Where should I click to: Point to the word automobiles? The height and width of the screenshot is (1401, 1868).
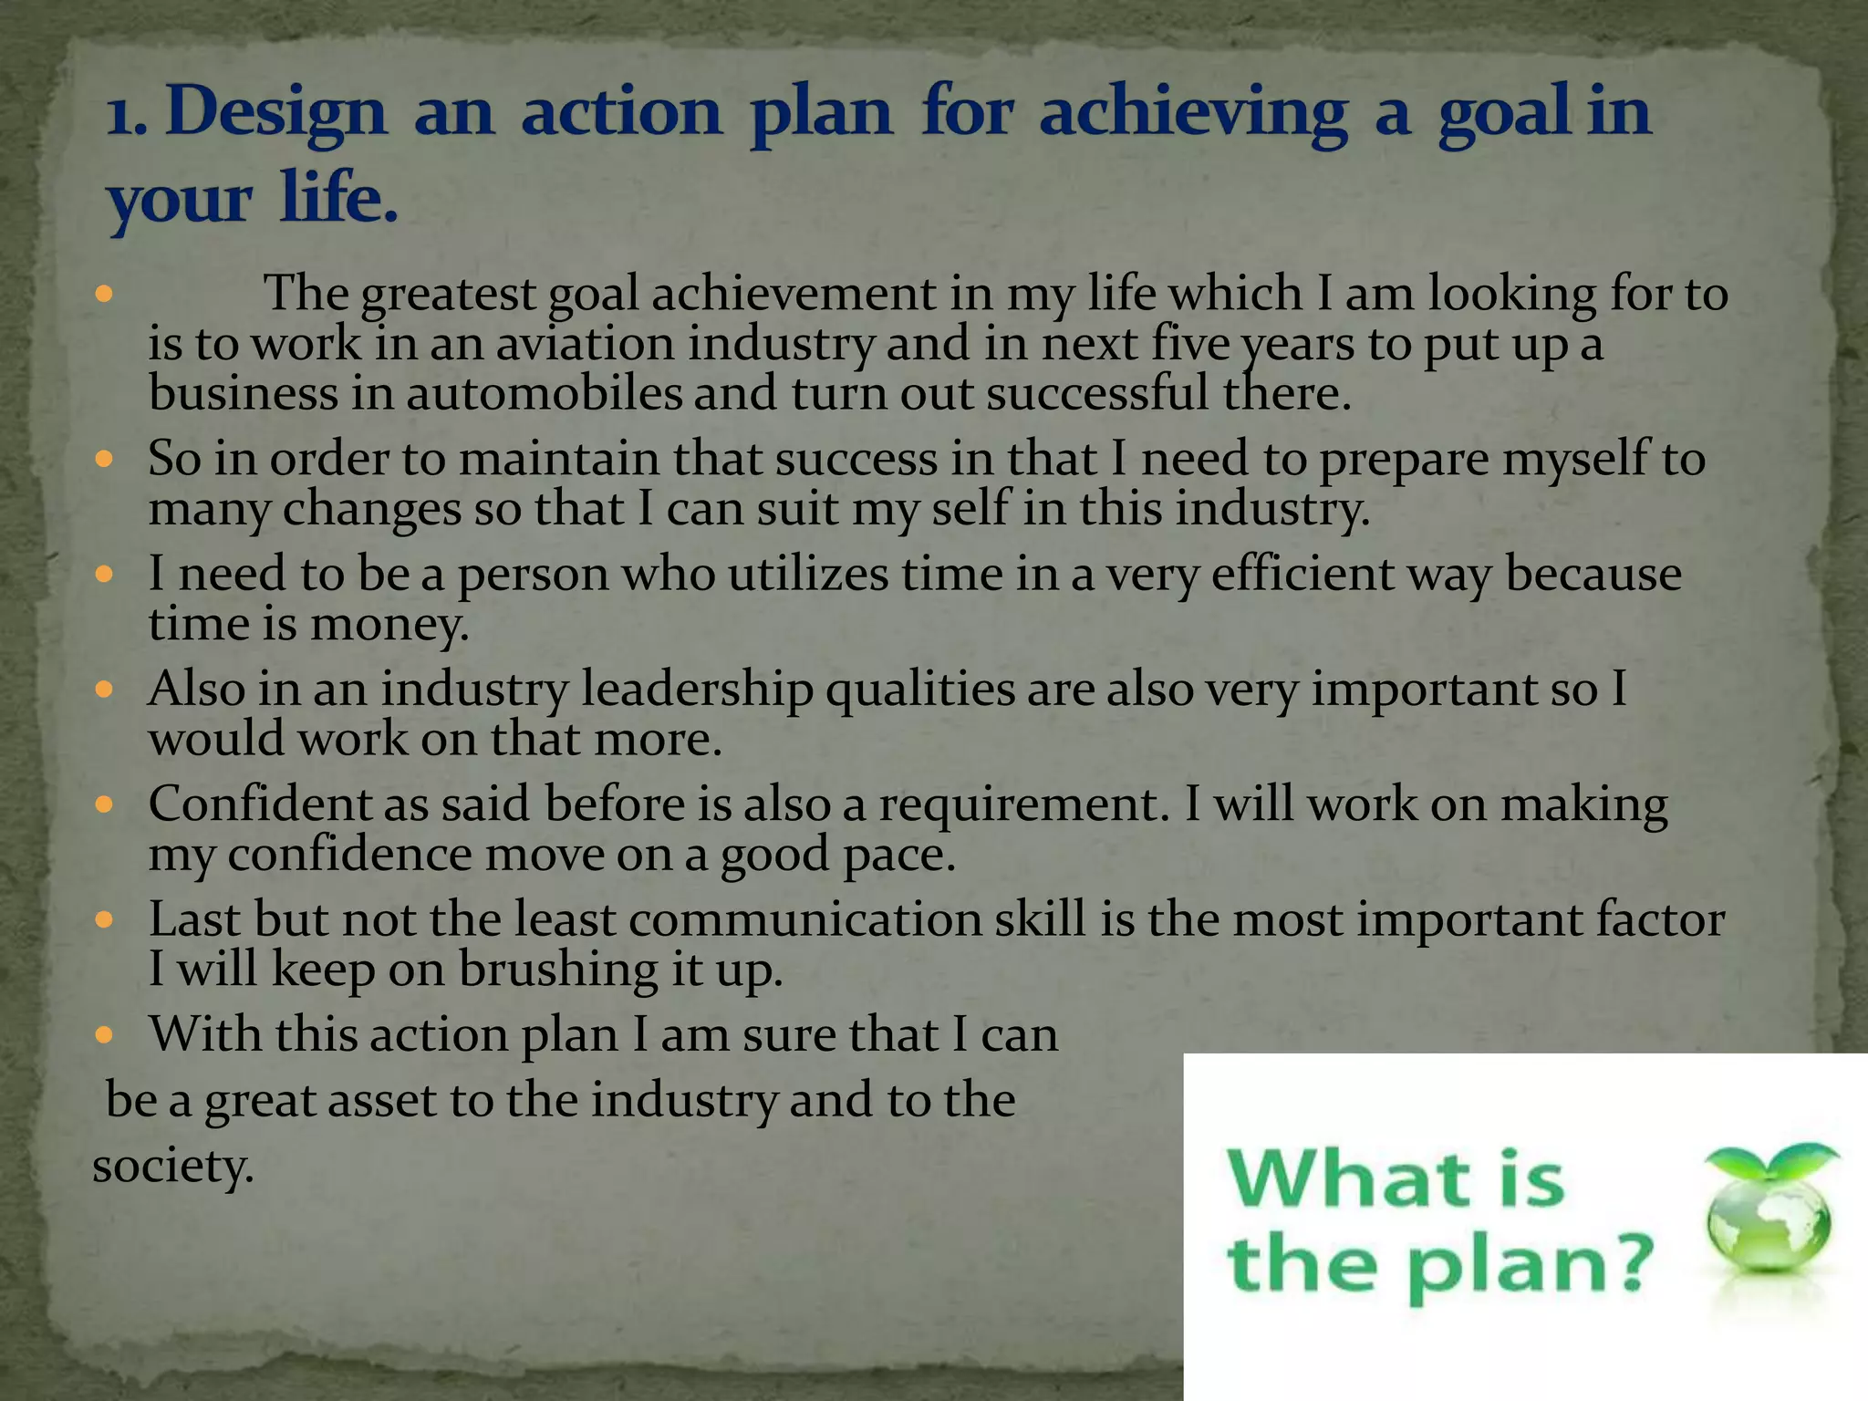(544, 394)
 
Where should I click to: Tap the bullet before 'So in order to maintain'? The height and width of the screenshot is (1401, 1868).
(103, 459)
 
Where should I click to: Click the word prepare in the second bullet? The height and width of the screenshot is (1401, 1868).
(1404, 459)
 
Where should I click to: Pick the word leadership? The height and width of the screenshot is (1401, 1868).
(697, 690)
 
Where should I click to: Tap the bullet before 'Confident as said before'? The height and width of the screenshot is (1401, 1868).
(103, 804)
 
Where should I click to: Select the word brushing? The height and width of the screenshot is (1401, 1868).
(557, 970)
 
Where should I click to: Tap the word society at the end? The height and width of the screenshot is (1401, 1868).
(172, 1166)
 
